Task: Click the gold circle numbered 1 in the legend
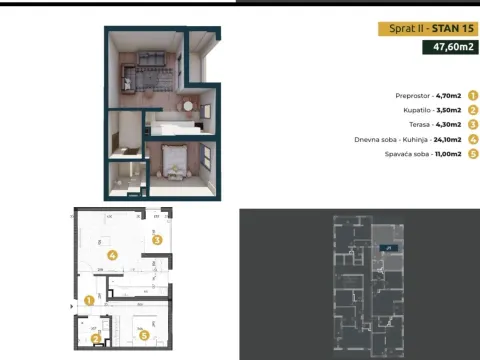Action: (472, 96)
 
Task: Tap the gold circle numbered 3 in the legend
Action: (472, 124)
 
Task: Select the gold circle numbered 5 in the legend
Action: (472, 153)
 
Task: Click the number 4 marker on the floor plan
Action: (112, 255)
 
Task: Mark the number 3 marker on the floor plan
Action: (157, 239)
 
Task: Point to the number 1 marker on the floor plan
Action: (89, 299)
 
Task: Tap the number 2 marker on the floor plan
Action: (96, 338)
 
